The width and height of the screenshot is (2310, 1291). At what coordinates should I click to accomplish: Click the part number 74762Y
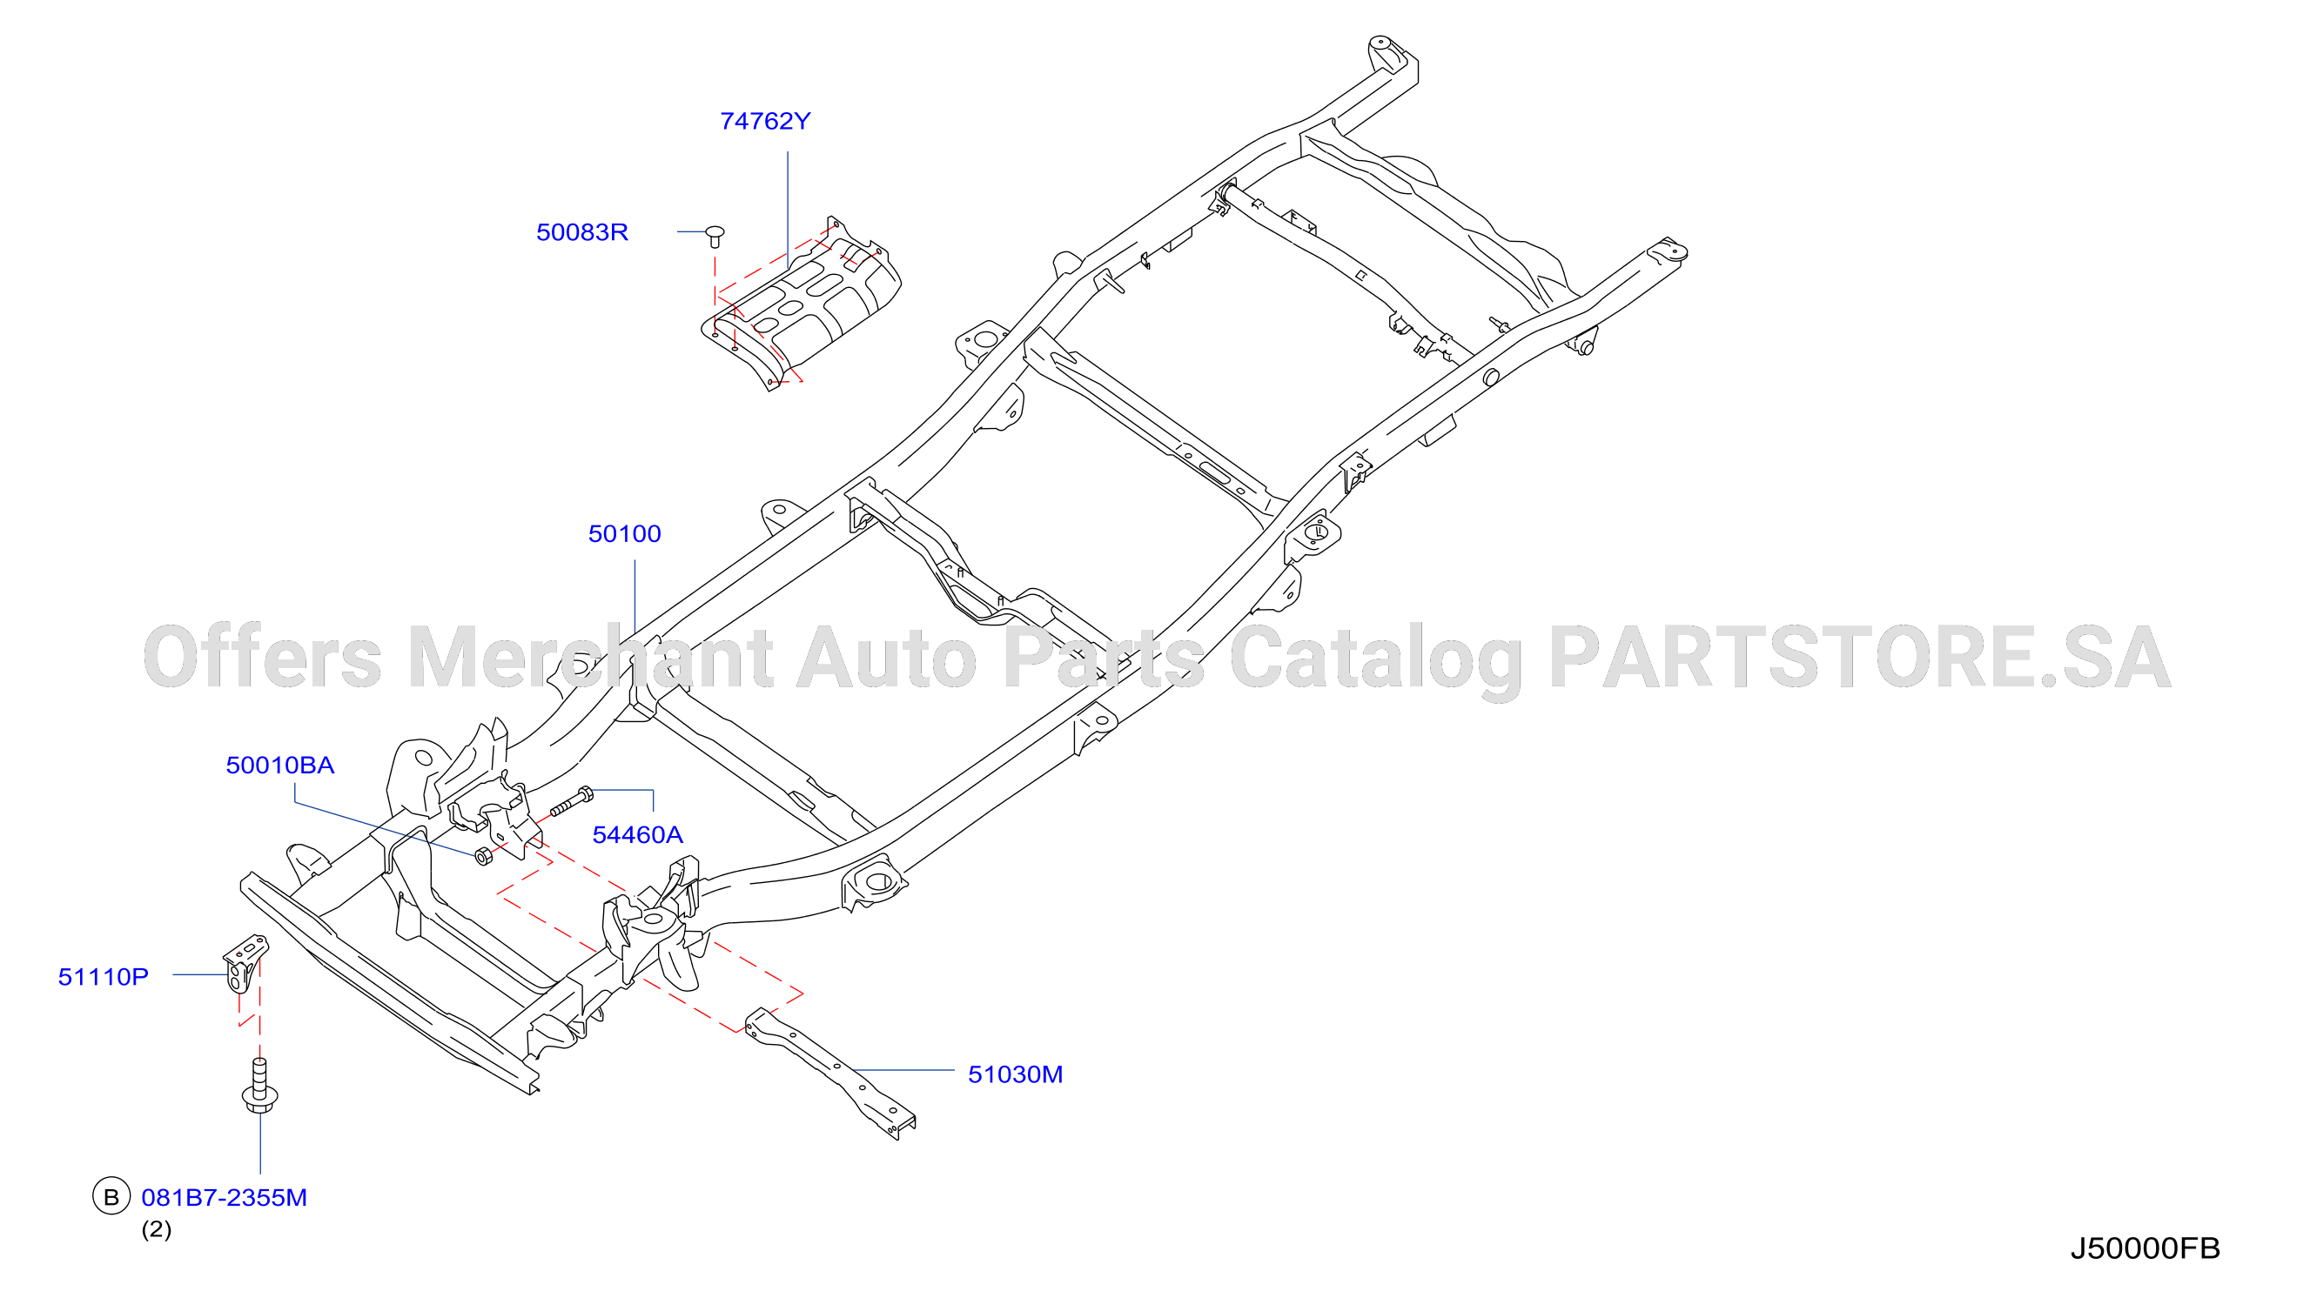pos(765,121)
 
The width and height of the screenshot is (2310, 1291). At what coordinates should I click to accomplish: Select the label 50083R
pos(582,232)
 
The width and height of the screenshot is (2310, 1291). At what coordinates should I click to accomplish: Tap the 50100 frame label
pos(624,533)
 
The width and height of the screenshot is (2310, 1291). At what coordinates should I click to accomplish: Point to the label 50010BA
pos(279,765)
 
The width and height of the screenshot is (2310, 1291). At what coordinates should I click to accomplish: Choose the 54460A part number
pos(638,834)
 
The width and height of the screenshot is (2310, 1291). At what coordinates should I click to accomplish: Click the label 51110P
pos(103,976)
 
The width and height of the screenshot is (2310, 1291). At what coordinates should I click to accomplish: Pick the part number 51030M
pos(1015,1074)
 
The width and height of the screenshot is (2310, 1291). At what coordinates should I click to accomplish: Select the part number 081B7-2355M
pos(225,1198)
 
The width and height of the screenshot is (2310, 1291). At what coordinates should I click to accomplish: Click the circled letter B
pos(111,1197)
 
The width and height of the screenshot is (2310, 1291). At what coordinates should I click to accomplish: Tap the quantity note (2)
pos(156,1229)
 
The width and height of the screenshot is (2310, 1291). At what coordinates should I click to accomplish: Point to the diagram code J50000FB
pos(2145,1248)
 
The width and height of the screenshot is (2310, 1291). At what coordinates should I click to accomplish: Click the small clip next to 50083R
pos(715,237)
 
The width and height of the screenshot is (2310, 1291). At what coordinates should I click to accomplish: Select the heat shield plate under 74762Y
pos(801,304)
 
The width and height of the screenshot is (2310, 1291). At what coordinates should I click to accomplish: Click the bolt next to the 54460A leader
pos(571,801)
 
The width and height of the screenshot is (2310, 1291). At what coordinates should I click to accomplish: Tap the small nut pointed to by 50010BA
pos(483,856)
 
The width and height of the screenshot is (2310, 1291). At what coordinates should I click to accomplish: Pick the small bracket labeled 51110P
pos(245,964)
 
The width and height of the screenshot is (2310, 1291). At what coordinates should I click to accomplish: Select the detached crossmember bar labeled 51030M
pos(829,1074)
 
